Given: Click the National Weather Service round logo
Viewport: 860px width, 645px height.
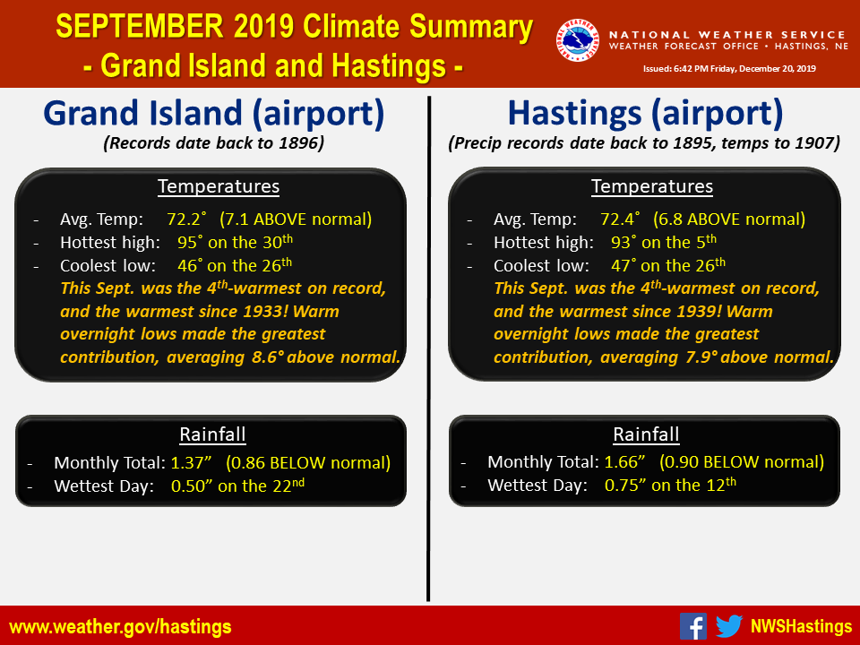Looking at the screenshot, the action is tap(577, 40).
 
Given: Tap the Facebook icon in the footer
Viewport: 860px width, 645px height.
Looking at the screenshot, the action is tap(693, 626).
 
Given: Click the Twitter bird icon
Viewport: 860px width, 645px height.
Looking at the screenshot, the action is tap(729, 626).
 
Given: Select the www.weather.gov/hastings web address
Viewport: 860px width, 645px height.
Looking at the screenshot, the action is tap(121, 627).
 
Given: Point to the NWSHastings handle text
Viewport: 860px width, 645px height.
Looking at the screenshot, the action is tap(801, 626).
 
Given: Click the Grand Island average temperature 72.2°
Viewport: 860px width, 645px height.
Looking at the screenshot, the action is tap(187, 219).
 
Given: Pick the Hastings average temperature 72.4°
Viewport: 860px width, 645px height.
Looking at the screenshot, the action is tap(620, 219).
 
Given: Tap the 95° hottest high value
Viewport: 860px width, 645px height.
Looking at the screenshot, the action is tap(188, 242).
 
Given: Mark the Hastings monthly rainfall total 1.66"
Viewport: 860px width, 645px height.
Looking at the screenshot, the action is tap(624, 462).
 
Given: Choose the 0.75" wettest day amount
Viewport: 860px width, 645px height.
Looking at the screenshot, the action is tap(625, 485).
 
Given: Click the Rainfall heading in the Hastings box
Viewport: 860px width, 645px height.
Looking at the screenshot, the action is tap(646, 434).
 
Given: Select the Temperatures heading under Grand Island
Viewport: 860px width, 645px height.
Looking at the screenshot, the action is tap(219, 186).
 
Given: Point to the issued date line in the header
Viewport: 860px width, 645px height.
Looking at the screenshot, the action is tap(729, 69).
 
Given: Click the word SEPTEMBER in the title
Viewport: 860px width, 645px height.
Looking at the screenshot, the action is tap(140, 26).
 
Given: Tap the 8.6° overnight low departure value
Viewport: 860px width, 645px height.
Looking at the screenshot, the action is tap(268, 357).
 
